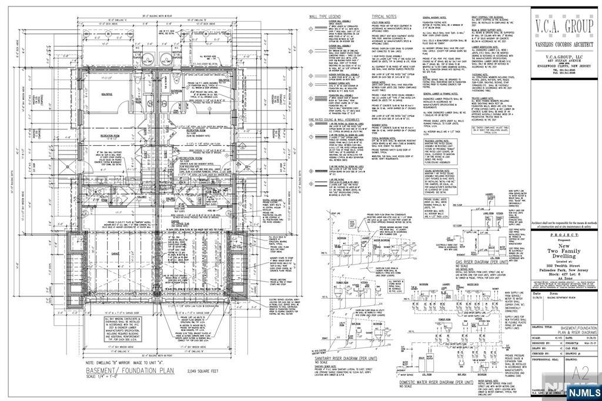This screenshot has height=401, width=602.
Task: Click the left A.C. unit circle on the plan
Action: point(130,61)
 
